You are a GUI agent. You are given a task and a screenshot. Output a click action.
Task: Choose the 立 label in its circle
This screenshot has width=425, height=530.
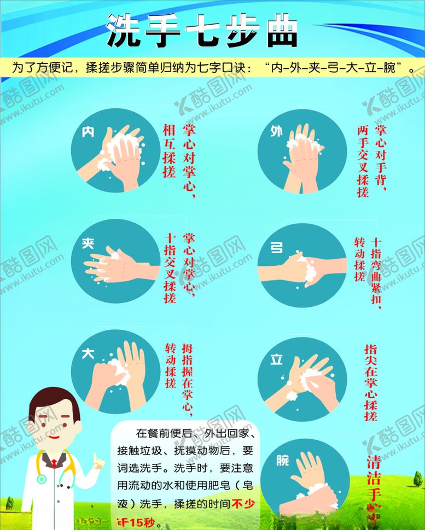(277, 359)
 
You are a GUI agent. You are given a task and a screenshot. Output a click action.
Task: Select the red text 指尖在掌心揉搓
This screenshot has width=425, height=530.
(371, 382)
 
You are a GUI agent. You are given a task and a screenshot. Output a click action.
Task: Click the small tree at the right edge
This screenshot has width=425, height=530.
(417, 480)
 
